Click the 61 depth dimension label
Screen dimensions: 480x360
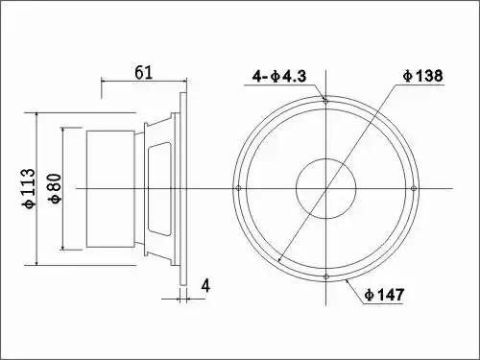coord(143,73)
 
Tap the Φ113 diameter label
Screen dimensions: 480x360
coord(29,188)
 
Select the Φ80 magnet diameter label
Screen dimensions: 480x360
coord(55,188)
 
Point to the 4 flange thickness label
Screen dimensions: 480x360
coord(205,286)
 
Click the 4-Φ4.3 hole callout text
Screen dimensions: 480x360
coord(279,76)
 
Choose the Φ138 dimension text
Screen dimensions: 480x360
coord(423,76)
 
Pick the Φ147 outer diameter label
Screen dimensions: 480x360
coord(385,295)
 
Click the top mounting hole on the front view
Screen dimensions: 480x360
coord(325,101)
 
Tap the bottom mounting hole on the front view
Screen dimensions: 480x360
coord(325,276)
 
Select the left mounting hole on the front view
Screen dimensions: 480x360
coord(238,188)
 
